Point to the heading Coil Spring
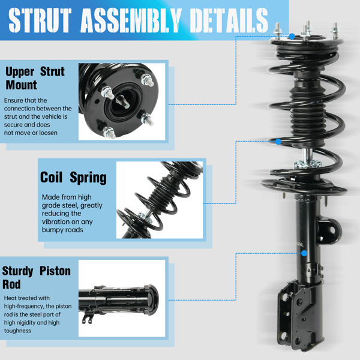73,178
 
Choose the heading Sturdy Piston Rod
36,277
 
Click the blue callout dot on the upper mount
292,37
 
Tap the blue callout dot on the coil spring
278,142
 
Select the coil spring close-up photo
160,201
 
